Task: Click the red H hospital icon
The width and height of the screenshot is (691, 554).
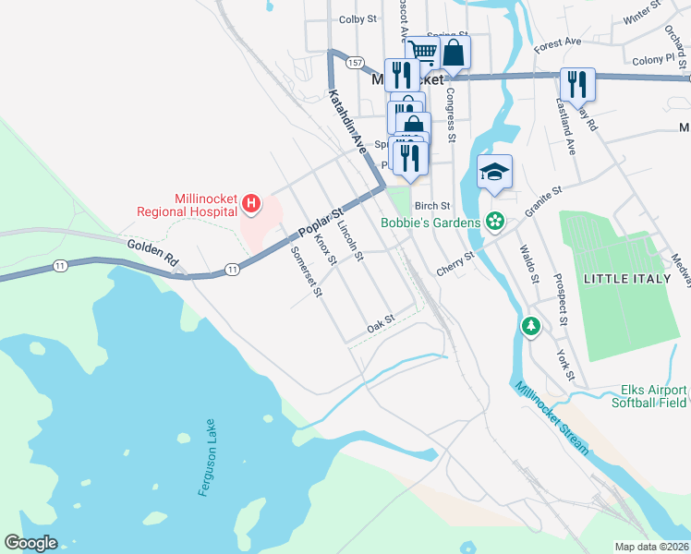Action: [249, 202]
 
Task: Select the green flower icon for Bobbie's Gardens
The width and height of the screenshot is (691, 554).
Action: [495, 222]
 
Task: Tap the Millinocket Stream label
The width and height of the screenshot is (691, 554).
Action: [552, 417]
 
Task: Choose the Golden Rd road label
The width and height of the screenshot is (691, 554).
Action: [152, 249]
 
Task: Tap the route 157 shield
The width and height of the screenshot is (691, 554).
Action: [356, 63]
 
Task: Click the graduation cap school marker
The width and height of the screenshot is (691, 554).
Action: [494, 172]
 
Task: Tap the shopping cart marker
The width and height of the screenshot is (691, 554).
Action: [422, 51]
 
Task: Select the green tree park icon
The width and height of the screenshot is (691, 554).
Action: [531, 326]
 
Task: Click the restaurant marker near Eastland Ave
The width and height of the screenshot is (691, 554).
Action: [577, 84]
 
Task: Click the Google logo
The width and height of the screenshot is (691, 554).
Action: [31, 543]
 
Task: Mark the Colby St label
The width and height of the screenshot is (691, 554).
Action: [358, 18]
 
